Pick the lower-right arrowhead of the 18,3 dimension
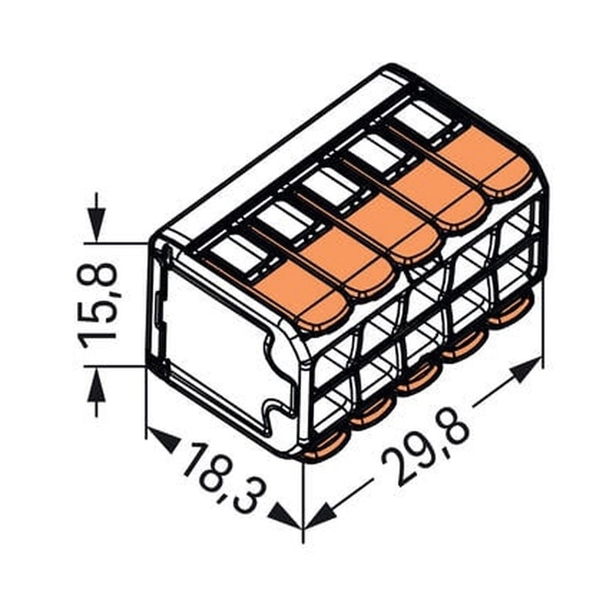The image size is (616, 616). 286,517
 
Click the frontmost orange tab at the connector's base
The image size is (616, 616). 323,449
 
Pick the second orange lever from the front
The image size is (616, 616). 347,266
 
